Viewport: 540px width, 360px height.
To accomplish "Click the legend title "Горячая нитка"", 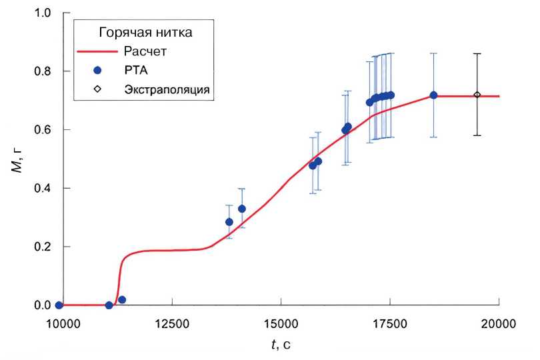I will pos(147,32).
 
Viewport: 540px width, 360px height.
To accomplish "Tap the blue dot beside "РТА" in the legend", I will pos(97,70).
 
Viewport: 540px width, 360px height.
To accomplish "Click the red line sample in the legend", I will pos(97,51).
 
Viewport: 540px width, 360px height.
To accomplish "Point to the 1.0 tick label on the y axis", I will pos(42,13).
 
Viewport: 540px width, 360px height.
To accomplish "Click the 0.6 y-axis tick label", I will pos(42,129).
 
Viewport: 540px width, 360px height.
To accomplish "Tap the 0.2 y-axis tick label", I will pos(42,247).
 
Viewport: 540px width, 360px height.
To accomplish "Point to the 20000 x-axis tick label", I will pos(499,324).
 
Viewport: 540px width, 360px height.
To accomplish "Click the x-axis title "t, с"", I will pos(281,345).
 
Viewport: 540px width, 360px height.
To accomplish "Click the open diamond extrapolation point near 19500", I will pos(477,95).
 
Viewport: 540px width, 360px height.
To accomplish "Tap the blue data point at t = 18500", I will pos(433,95).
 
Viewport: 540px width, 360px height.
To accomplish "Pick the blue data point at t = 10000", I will pos(59,305).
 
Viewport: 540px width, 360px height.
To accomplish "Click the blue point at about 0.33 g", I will pos(242,209).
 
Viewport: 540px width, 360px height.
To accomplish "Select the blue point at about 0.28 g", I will pos(229,222).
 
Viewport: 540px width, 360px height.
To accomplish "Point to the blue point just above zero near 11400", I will pos(122,300).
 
